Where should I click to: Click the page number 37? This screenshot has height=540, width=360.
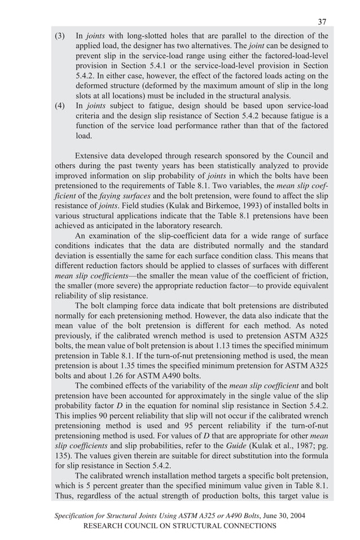[322, 22]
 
